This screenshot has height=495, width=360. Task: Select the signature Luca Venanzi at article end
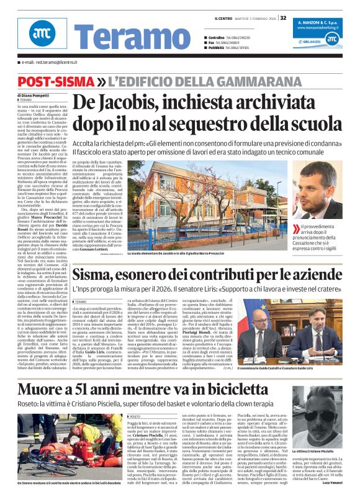(335, 481)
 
